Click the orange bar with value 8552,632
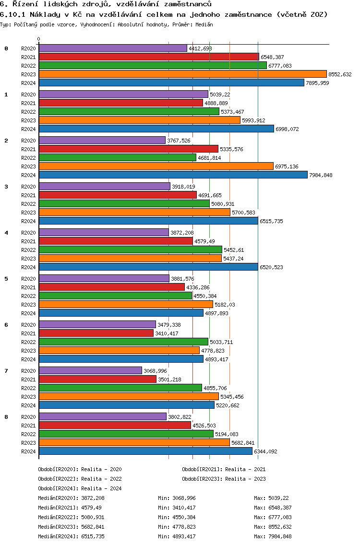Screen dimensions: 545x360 tap(182, 74)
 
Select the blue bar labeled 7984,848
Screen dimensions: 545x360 tap(173, 175)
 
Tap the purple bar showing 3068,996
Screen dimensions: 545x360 tap(90, 370)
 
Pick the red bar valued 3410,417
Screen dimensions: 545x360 tap(96, 333)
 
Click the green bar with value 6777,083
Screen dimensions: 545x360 tap(153, 65)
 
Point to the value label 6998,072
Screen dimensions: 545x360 tap(287, 129)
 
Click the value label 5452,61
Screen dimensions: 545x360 tap(235, 250)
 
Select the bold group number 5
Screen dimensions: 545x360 tap(6, 278)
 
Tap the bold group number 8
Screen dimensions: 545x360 tap(6, 416)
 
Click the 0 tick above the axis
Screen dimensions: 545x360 tap(39, 39)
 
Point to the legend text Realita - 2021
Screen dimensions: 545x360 tap(245, 469)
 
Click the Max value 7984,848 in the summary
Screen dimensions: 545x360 tap(280, 536)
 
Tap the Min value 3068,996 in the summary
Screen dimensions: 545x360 tap(184, 498)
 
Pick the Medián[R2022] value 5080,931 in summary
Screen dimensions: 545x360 tap(93, 517)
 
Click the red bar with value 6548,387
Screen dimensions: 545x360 tap(149, 57)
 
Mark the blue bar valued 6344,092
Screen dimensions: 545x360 tap(145, 451)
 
